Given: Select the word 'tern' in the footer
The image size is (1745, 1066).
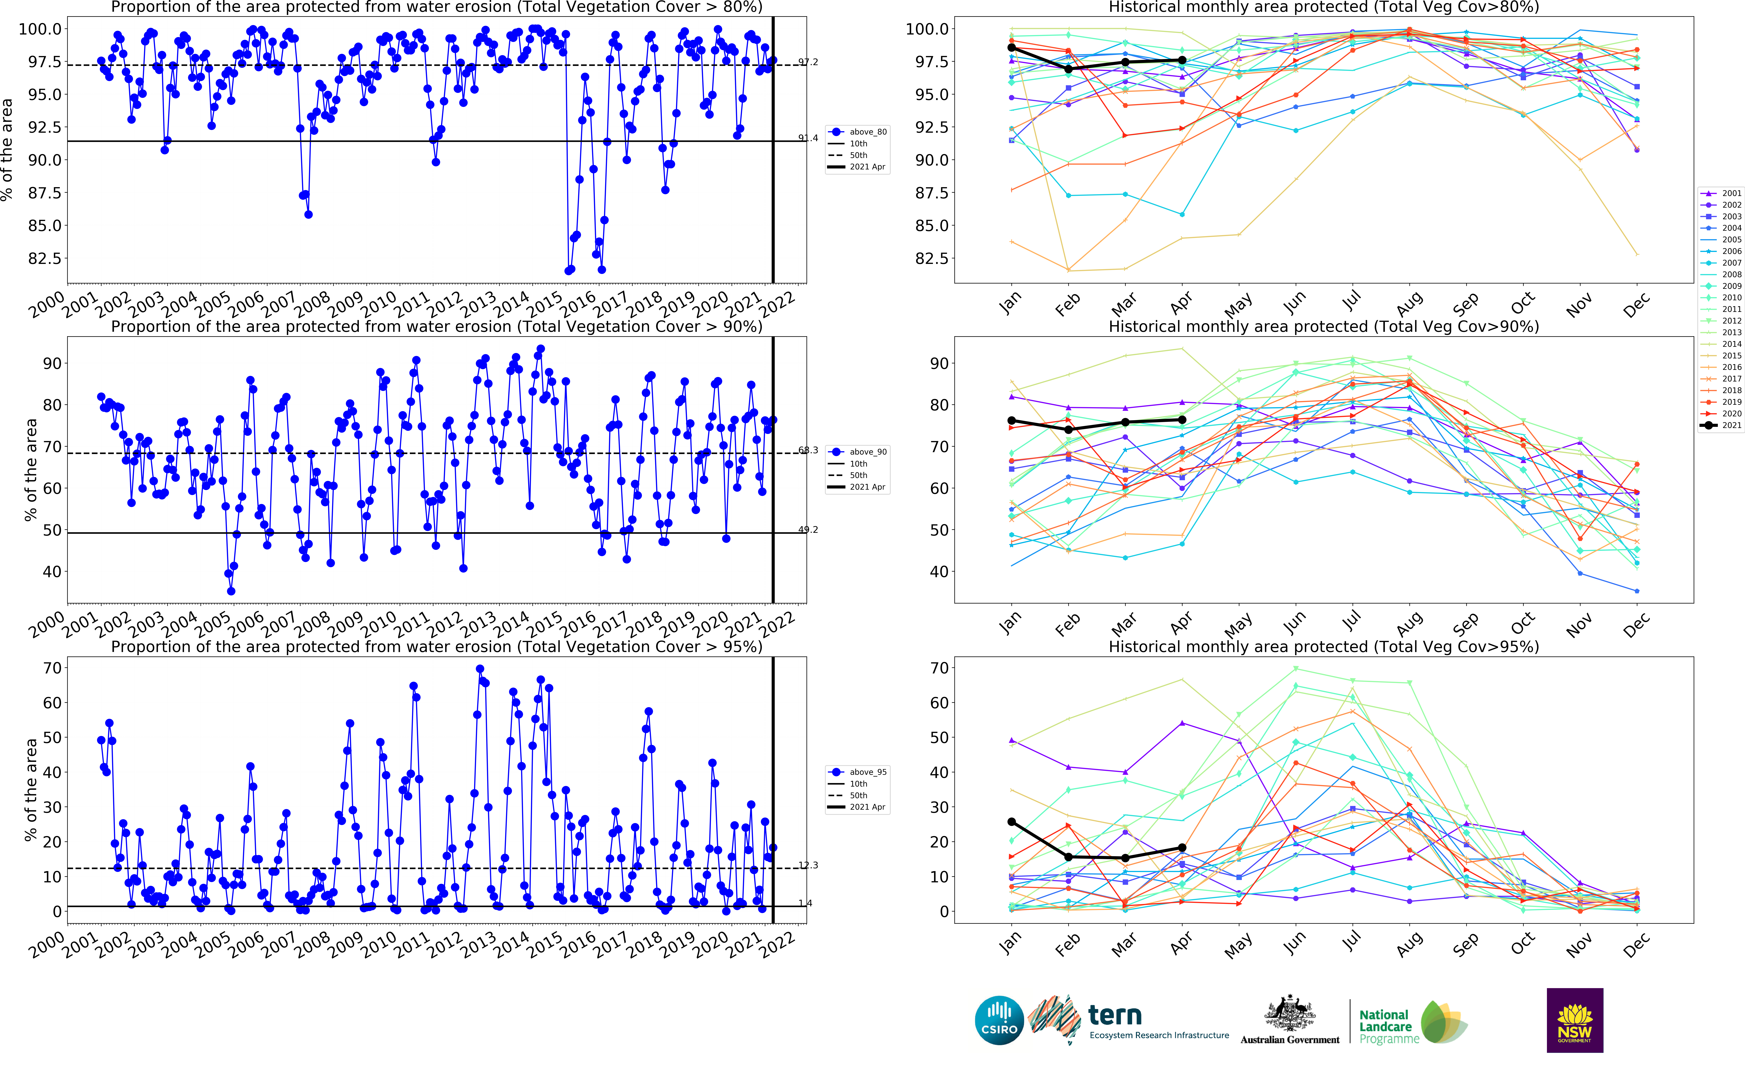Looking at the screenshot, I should pos(1115,1015).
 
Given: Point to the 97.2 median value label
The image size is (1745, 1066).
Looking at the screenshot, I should pos(808,62).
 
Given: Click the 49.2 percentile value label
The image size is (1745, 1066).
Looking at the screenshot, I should pos(808,529).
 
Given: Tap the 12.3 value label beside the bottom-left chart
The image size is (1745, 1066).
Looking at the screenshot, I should pos(808,865).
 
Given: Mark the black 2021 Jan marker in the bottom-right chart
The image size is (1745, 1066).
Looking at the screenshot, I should pos(1011,822).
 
